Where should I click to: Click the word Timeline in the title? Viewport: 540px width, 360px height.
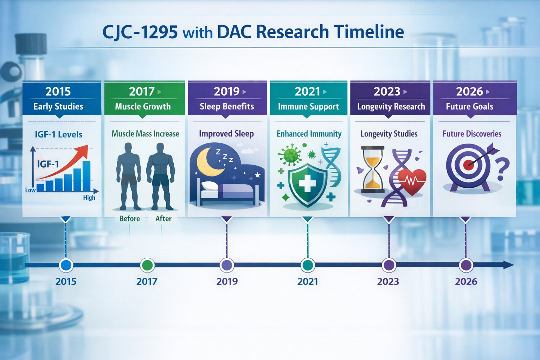[369, 32]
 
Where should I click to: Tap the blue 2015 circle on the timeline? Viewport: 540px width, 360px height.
[66, 265]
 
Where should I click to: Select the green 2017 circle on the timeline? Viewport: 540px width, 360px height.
[147, 265]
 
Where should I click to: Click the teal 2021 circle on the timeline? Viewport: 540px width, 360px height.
[308, 265]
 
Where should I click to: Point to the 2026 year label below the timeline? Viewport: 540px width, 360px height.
[466, 282]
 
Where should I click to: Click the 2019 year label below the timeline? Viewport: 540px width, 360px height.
[227, 282]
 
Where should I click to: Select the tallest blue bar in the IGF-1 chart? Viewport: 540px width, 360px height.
[86, 176]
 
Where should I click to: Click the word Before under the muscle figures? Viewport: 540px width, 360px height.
[129, 219]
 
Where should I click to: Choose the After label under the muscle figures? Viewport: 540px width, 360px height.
[163, 219]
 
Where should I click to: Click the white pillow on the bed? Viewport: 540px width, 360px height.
[210, 186]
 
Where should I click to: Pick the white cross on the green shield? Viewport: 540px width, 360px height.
[307, 183]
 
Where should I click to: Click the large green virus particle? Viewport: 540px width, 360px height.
[290, 155]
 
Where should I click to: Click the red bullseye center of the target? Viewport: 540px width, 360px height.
[468, 165]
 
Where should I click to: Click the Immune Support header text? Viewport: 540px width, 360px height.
[308, 107]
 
